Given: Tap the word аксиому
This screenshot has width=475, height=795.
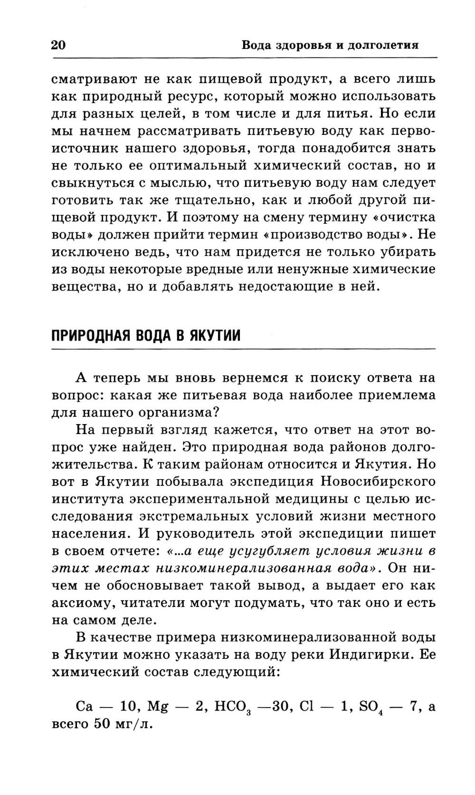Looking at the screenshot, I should pyautogui.click(x=84, y=603).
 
